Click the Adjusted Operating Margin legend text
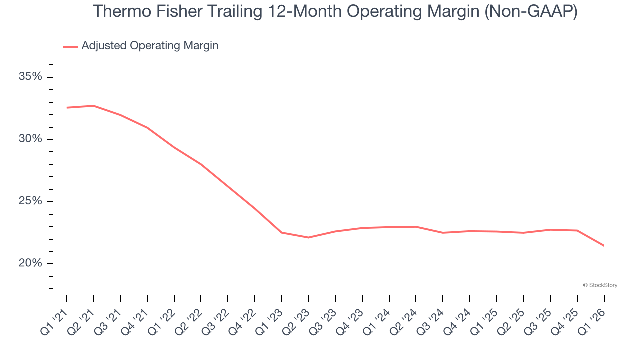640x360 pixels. point(150,46)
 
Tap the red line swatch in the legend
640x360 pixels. point(70,46)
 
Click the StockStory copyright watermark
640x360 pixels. point(600,285)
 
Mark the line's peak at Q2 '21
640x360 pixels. point(94,106)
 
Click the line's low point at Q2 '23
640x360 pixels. point(308,237)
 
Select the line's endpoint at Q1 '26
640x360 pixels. point(604,245)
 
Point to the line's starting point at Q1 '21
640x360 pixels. point(67,107)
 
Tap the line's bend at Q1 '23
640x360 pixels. point(282,232)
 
